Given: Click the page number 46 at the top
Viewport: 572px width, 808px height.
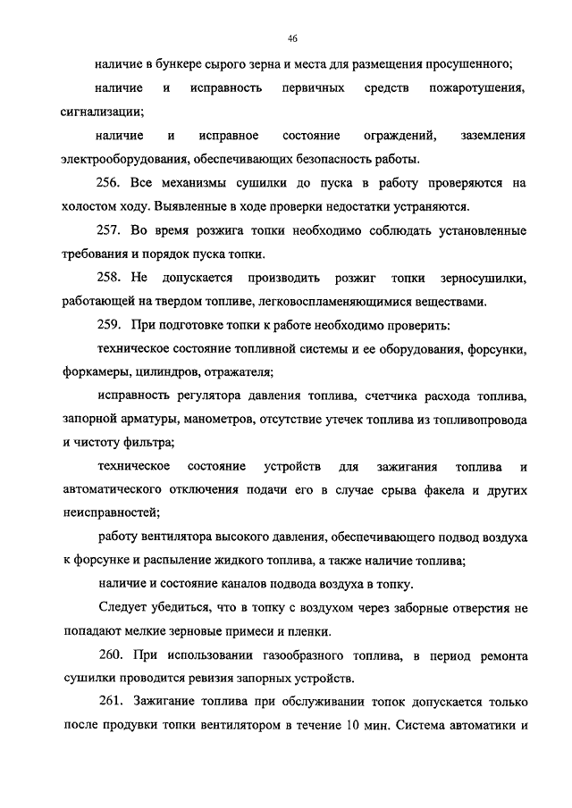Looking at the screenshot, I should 292,39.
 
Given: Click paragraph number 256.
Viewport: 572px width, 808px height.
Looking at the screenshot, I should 110,183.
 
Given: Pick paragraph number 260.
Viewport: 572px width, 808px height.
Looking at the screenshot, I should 110,656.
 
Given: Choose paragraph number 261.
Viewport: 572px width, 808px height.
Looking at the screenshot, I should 110,703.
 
